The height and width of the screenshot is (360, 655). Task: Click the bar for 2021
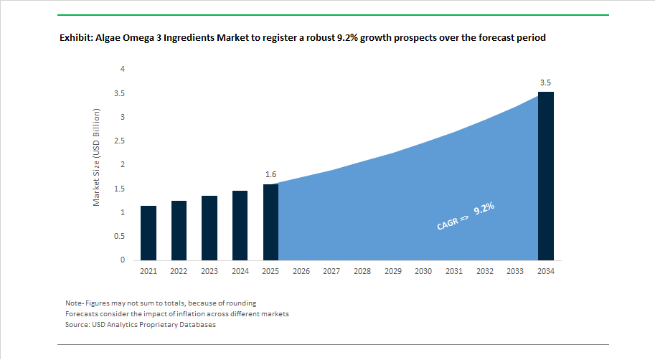149,233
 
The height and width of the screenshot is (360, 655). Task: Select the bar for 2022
179,230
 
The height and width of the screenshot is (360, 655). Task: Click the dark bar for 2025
270,222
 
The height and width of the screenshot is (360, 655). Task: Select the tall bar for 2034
546,176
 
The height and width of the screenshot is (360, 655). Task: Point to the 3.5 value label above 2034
546,83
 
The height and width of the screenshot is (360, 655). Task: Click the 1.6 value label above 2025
270,174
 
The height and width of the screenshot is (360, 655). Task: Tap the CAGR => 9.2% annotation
466,217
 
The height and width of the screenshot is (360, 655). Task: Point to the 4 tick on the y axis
123,69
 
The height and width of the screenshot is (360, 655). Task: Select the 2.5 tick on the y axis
120,141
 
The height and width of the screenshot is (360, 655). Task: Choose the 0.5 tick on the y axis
120,236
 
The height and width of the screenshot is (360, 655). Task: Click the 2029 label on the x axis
392,272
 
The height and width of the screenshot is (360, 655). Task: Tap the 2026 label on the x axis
301,272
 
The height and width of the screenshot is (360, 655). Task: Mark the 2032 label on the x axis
484,272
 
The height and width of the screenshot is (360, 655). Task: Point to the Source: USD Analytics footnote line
141,325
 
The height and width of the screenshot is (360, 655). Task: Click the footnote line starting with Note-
161,303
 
